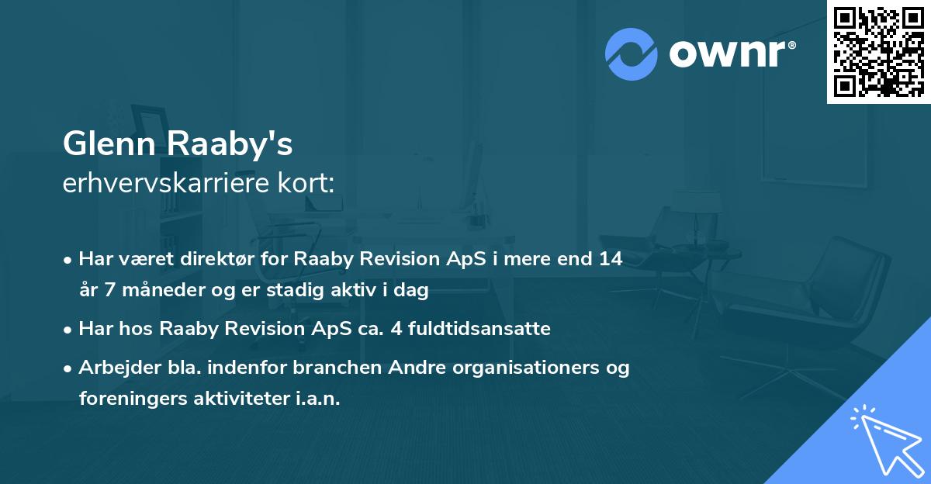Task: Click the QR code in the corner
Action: point(879,51)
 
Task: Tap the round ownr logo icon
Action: point(632,53)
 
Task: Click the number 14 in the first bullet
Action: point(610,259)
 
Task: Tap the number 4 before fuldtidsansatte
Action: point(388,329)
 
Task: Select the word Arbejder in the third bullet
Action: point(112,368)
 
